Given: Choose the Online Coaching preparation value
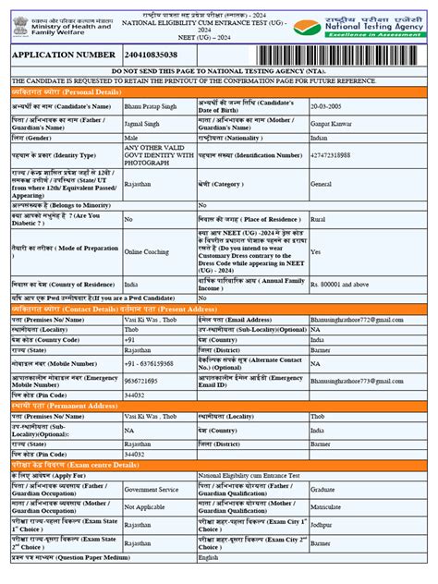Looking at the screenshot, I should pyautogui.click(x=146, y=251).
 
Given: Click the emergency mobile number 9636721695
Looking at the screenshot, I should pyautogui.click(x=140, y=381).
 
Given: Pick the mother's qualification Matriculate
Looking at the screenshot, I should pyautogui.click(x=327, y=507).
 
